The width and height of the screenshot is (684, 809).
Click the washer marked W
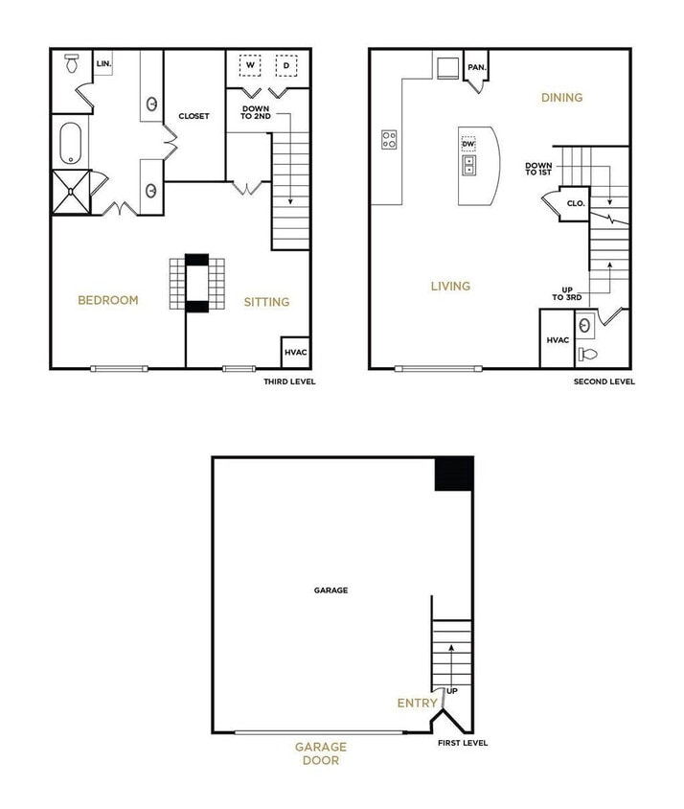250,65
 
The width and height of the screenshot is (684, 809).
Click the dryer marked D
285,65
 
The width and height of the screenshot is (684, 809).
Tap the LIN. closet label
103,64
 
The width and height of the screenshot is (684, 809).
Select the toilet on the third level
71,63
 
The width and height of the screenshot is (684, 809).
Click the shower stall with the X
71,190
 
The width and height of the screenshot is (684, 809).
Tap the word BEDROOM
107,300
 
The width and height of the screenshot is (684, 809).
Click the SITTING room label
266,302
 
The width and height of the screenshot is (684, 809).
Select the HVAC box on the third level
295,352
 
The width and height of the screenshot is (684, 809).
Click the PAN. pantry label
476,68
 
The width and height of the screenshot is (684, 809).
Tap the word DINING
561,97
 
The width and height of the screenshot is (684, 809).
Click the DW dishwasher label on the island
468,144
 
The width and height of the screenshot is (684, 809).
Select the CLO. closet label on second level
575,203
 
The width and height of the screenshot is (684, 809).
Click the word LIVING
450,286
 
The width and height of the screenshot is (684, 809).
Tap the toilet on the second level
587,355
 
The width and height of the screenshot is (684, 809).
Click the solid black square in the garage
454,474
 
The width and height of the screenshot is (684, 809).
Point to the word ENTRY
418,703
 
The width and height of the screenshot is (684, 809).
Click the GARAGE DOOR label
320,753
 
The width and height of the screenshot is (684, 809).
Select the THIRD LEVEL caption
289,381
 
